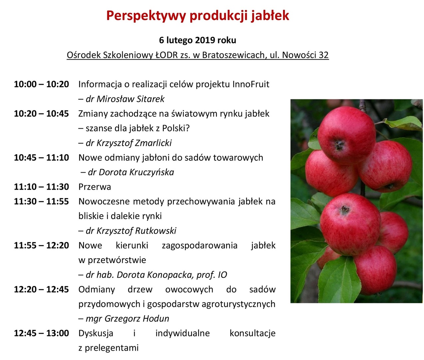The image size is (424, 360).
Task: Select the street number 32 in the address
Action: [x=323, y=55]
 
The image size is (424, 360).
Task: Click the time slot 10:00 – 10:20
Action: [x=41, y=84]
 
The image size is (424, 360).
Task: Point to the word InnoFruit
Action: [x=251, y=84]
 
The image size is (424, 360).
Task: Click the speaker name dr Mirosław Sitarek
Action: [x=125, y=99]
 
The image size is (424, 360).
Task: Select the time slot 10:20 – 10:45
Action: [x=41, y=114]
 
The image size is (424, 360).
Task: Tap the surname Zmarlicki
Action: [x=155, y=143]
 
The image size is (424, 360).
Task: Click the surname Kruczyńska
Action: [x=152, y=172]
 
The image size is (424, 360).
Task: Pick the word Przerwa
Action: [x=95, y=187]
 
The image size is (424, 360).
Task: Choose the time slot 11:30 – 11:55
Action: [x=41, y=202]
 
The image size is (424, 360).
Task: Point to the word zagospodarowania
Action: [x=200, y=245]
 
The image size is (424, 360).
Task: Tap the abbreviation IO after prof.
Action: [x=222, y=275]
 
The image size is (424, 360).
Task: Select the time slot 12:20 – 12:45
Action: [x=41, y=290]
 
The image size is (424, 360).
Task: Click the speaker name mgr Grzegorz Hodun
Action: [x=127, y=319]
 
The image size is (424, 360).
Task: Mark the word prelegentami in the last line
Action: [x=112, y=348]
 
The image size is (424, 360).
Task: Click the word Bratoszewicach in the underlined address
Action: [x=233, y=55]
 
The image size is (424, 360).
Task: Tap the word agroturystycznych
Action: [x=238, y=304]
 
